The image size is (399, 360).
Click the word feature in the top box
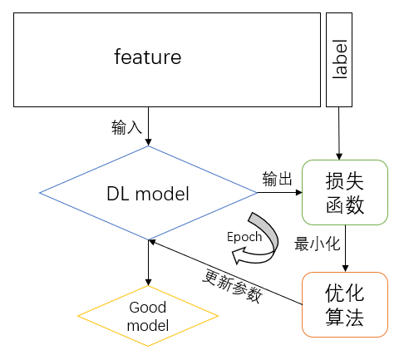(147, 58)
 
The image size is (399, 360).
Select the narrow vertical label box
(339, 59)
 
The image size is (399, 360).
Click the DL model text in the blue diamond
(148, 195)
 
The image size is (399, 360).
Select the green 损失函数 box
(344, 192)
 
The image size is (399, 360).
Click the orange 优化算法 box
(344, 304)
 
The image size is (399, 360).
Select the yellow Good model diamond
(148, 316)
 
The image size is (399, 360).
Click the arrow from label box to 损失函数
(339, 133)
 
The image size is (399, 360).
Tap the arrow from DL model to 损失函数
(279, 193)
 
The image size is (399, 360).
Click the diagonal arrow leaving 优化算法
(224, 272)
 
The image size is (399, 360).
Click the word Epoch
(244, 236)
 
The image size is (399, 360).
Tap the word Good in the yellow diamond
(148, 308)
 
